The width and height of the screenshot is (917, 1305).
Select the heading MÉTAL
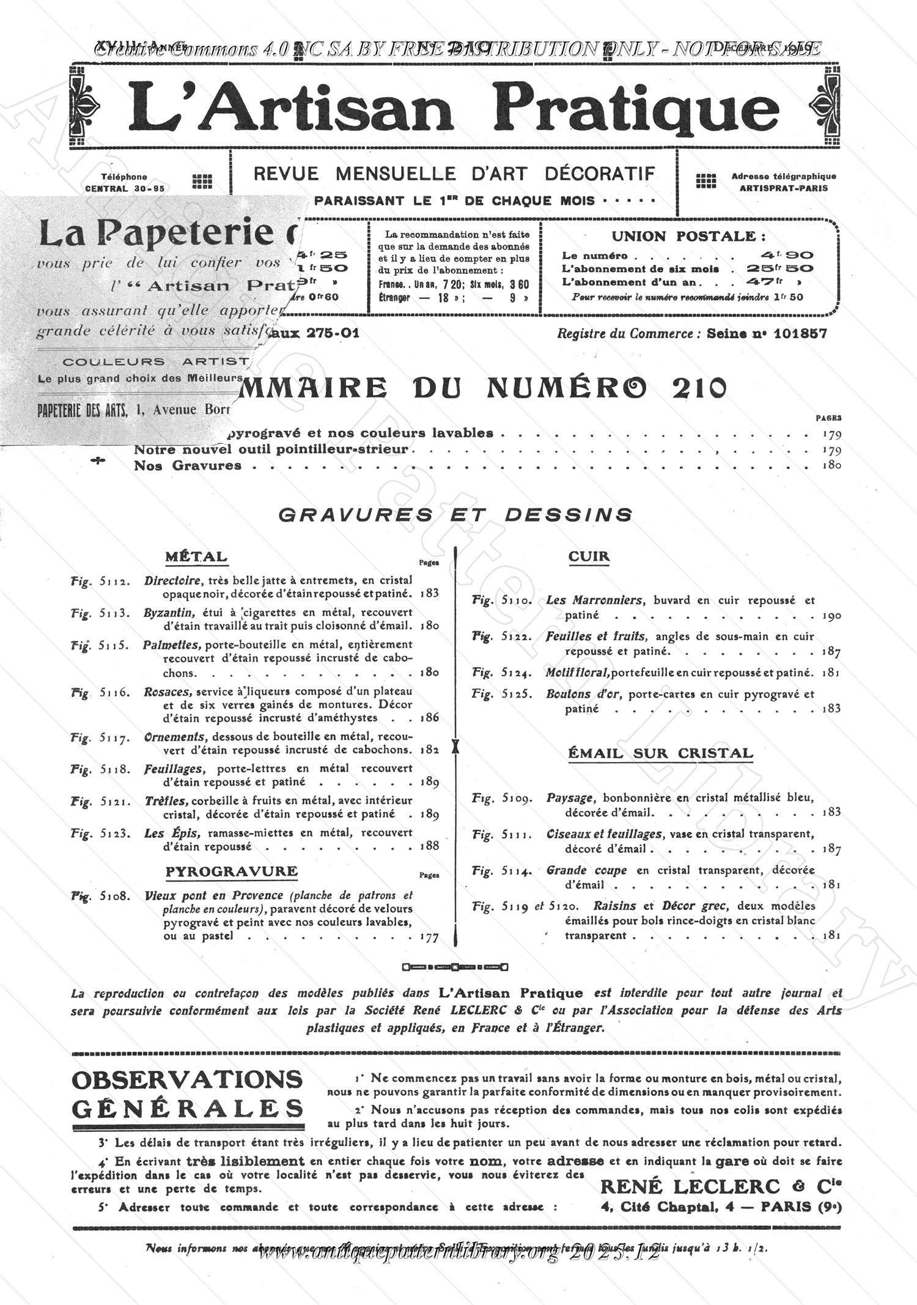[x=196, y=557]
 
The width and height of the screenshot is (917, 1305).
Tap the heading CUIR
[x=589, y=556]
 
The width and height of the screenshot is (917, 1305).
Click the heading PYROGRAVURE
[x=232, y=871]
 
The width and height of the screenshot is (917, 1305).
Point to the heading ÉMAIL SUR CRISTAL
[x=660, y=753]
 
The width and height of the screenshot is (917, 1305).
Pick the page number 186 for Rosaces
[x=430, y=717]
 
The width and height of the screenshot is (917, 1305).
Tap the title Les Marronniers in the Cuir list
[x=594, y=601]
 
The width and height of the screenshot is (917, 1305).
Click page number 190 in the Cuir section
[x=832, y=616]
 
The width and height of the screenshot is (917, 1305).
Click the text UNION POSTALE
[x=688, y=237]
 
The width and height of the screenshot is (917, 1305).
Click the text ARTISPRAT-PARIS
[x=783, y=188]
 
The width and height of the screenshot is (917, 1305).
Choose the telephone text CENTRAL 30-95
[x=125, y=188]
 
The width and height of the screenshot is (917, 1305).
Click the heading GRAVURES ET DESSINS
[x=455, y=515]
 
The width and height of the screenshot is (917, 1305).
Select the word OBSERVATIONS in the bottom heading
[x=186, y=1080]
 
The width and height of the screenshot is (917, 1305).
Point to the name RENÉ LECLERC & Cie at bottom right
[x=721, y=1187]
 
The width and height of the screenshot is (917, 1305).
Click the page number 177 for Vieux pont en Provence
[x=429, y=937]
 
